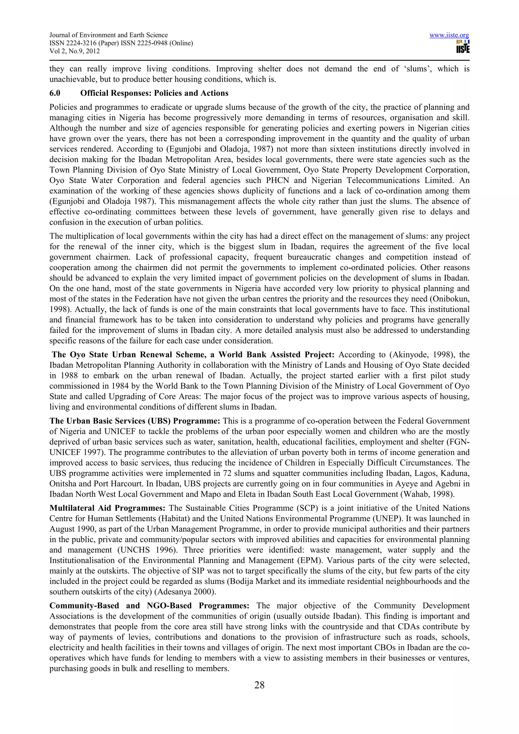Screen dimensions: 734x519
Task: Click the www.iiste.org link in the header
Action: pos(449,35)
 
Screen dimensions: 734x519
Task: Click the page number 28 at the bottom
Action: pos(259,685)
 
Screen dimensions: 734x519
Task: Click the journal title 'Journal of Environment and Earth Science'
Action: pos(108,35)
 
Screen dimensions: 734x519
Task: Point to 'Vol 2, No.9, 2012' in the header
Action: pos(75,51)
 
